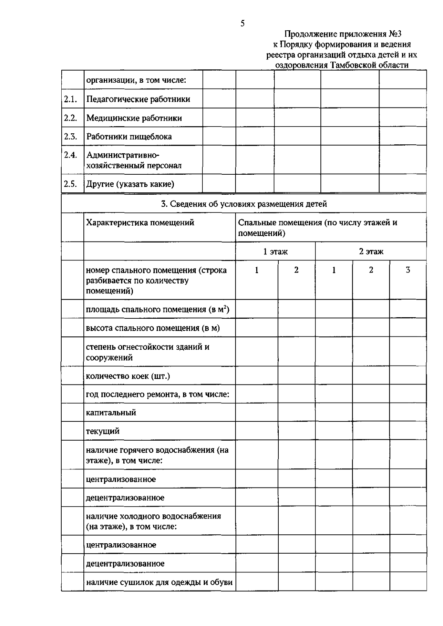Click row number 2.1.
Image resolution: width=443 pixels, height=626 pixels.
point(70,99)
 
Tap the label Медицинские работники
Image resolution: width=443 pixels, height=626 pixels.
point(134,118)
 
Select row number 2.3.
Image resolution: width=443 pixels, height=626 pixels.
point(70,136)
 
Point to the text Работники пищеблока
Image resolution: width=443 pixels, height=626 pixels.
point(129,137)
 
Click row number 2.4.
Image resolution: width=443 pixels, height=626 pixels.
point(70,155)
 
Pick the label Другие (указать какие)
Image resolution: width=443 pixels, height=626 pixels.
point(130,184)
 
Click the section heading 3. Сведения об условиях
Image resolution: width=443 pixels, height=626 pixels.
point(244,204)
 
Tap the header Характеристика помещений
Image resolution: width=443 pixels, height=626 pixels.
point(140,223)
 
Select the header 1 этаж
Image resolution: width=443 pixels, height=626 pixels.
point(275,252)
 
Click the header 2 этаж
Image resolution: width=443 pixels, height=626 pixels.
point(371,252)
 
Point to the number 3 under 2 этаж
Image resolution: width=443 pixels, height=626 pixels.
point(408,270)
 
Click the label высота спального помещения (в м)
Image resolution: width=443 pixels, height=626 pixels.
point(152,328)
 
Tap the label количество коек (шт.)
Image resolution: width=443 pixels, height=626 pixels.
point(128,376)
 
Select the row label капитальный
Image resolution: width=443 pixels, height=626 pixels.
point(111,413)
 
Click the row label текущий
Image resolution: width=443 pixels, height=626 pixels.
point(103,431)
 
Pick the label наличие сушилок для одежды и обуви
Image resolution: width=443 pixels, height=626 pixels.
point(159,582)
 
